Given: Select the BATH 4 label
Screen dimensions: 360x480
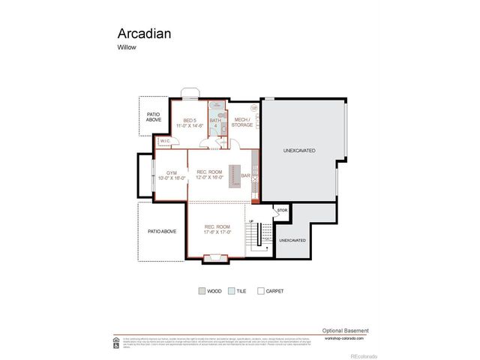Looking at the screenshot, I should pyautogui.click(x=214, y=123).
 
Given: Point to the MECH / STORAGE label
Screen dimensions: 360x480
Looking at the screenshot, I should pyautogui.click(x=241, y=122).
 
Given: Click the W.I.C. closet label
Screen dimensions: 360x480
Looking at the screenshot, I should pyautogui.click(x=164, y=141).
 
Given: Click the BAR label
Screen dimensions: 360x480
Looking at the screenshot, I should pyautogui.click(x=245, y=176).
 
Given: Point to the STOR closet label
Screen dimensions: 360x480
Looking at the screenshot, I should pyautogui.click(x=282, y=211).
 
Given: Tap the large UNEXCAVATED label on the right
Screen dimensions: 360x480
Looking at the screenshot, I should pyautogui.click(x=298, y=151).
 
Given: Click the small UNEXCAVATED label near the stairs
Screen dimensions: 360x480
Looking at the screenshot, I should pyautogui.click(x=292, y=240).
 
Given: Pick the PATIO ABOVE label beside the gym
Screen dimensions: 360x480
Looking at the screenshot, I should pyautogui.click(x=161, y=232).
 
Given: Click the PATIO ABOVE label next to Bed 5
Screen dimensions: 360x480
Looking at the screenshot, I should pyautogui.click(x=154, y=116).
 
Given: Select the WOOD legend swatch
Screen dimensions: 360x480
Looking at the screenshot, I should pyautogui.click(x=202, y=291).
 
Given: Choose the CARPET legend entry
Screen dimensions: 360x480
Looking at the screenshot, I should pyautogui.click(x=260, y=291).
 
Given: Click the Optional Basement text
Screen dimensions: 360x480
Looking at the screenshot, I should pyautogui.click(x=345, y=331).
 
